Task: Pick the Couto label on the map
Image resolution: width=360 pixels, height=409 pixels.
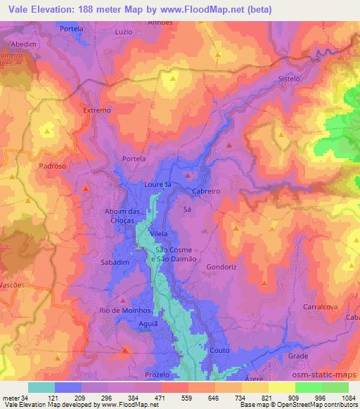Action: pyautogui.click(x=218, y=349)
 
